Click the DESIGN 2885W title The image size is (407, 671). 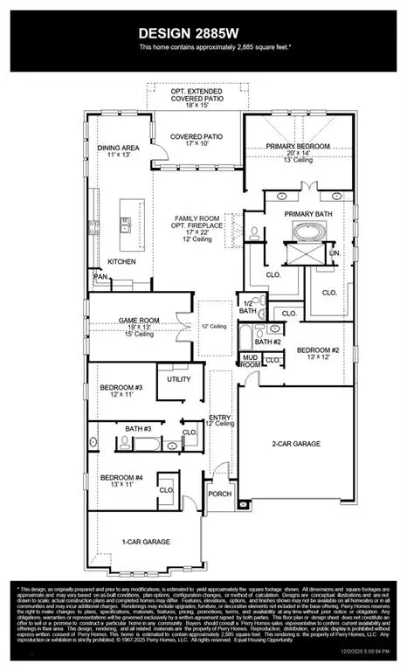click(x=203, y=32)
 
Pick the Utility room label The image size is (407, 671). click(x=178, y=379)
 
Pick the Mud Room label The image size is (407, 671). click(x=250, y=360)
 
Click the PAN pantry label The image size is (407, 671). click(x=100, y=278)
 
